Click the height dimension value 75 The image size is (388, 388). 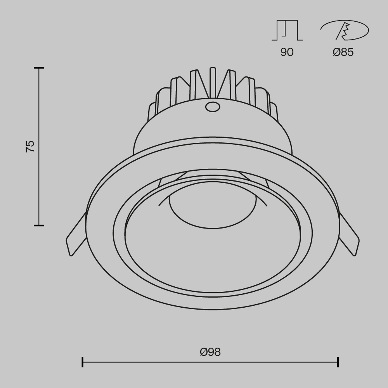(x=30, y=146)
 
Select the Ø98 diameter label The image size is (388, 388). (x=210, y=352)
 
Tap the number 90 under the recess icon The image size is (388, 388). (x=287, y=52)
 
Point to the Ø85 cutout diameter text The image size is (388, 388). (x=343, y=52)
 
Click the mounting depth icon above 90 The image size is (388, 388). (x=287, y=31)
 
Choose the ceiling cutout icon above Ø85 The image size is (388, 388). (x=345, y=31)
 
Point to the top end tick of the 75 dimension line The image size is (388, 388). (x=38, y=68)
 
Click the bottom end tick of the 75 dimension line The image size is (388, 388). (x=38, y=225)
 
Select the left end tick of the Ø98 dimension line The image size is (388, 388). (x=83, y=362)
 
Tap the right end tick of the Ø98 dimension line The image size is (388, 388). (x=338, y=362)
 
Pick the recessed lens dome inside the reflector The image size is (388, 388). (x=212, y=210)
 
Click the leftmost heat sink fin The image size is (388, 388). (x=152, y=113)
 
